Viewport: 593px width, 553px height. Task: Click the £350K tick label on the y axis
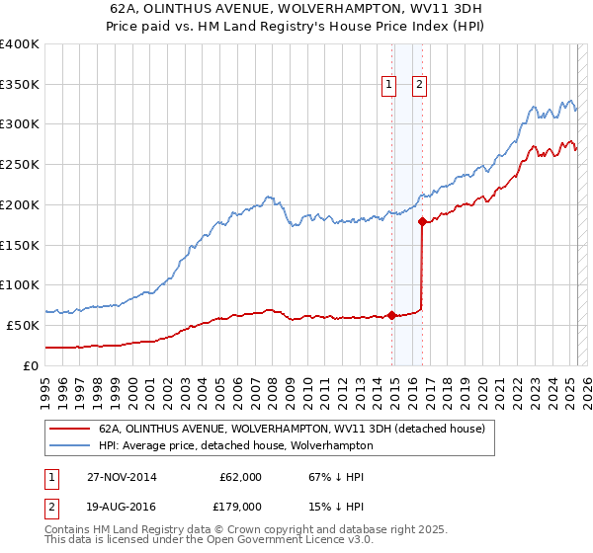(20, 84)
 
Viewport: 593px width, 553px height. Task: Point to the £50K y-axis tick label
(23, 325)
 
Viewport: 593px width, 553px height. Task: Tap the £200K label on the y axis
(20, 204)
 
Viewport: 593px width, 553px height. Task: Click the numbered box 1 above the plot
(389, 86)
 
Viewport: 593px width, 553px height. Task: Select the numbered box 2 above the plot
(420, 86)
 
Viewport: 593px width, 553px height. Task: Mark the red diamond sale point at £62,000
(392, 315)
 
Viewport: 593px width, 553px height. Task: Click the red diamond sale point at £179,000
(422, 221)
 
